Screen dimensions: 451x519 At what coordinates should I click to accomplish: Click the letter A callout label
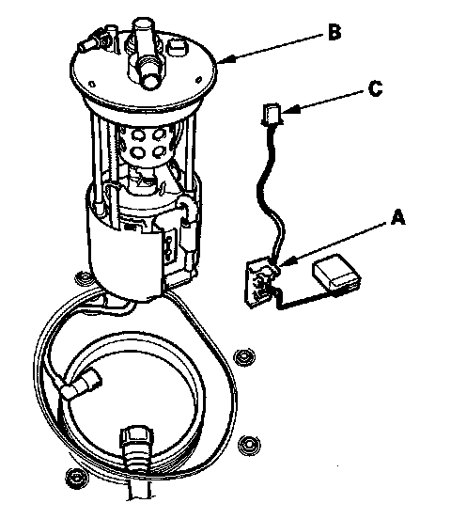(397, 217)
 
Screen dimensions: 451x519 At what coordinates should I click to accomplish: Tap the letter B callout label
(334, 32)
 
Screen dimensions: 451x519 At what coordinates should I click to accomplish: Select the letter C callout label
(375, 88)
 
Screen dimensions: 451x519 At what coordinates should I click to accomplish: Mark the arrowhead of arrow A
(281, 263)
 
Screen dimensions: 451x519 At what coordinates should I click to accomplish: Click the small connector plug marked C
(272, 114)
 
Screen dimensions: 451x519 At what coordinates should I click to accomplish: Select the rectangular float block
(336, 272)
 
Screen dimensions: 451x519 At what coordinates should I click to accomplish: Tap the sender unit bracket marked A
(260, 283)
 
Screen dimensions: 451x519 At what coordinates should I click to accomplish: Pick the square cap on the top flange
(178, 47)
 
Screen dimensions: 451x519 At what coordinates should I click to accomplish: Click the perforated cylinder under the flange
(145, 146)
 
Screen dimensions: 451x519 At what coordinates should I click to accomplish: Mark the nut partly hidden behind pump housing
(84, 278)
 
